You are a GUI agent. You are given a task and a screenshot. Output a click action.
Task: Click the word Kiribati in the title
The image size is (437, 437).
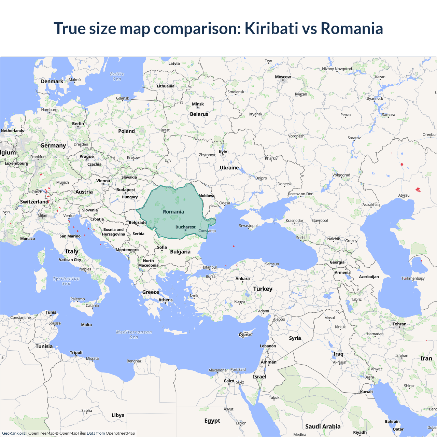(x=271, y=28)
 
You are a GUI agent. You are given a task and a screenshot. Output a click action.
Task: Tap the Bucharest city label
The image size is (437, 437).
(x=185, y=227)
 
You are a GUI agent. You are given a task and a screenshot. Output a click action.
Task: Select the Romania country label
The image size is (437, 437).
(x=173, y=212)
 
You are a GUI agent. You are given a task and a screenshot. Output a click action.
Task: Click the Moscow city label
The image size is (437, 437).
(x=283, y=77)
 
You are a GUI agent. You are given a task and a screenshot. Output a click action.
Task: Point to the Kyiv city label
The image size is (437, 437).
(x=223, y=152)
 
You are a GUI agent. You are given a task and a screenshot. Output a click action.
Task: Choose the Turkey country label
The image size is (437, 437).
(x=263, y=289)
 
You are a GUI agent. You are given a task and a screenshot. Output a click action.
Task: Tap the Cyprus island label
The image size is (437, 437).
(x=245, y=335)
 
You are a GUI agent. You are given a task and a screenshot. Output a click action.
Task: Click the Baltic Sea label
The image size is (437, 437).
(x=117, y=76)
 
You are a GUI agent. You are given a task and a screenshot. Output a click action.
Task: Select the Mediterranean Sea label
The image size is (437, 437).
(x=134, y=334)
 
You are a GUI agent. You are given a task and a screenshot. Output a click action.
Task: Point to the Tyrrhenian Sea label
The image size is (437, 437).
(x=66, y=281)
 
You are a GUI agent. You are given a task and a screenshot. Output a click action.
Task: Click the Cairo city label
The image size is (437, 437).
(x=229, y=381)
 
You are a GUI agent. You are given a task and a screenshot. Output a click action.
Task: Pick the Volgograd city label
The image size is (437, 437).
(x=341, y=175)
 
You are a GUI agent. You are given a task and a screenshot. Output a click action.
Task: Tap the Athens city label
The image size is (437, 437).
(x=166, y=300)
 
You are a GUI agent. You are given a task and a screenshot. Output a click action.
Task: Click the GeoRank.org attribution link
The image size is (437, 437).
(x=14, y=433)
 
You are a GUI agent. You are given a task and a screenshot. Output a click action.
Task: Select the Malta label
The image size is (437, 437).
(x=86, y=325)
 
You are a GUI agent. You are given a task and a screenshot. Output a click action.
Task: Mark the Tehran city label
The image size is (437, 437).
(x=399, y=324)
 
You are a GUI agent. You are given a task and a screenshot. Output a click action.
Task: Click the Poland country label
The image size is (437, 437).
(x=126, y=131)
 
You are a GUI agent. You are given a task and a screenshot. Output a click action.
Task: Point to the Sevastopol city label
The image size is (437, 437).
(x=248, y=226)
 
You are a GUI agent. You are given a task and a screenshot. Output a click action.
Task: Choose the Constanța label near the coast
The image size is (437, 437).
(x=207, y=231)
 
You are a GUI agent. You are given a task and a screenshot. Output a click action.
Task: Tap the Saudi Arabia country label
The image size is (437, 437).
(x=323, y=426)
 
